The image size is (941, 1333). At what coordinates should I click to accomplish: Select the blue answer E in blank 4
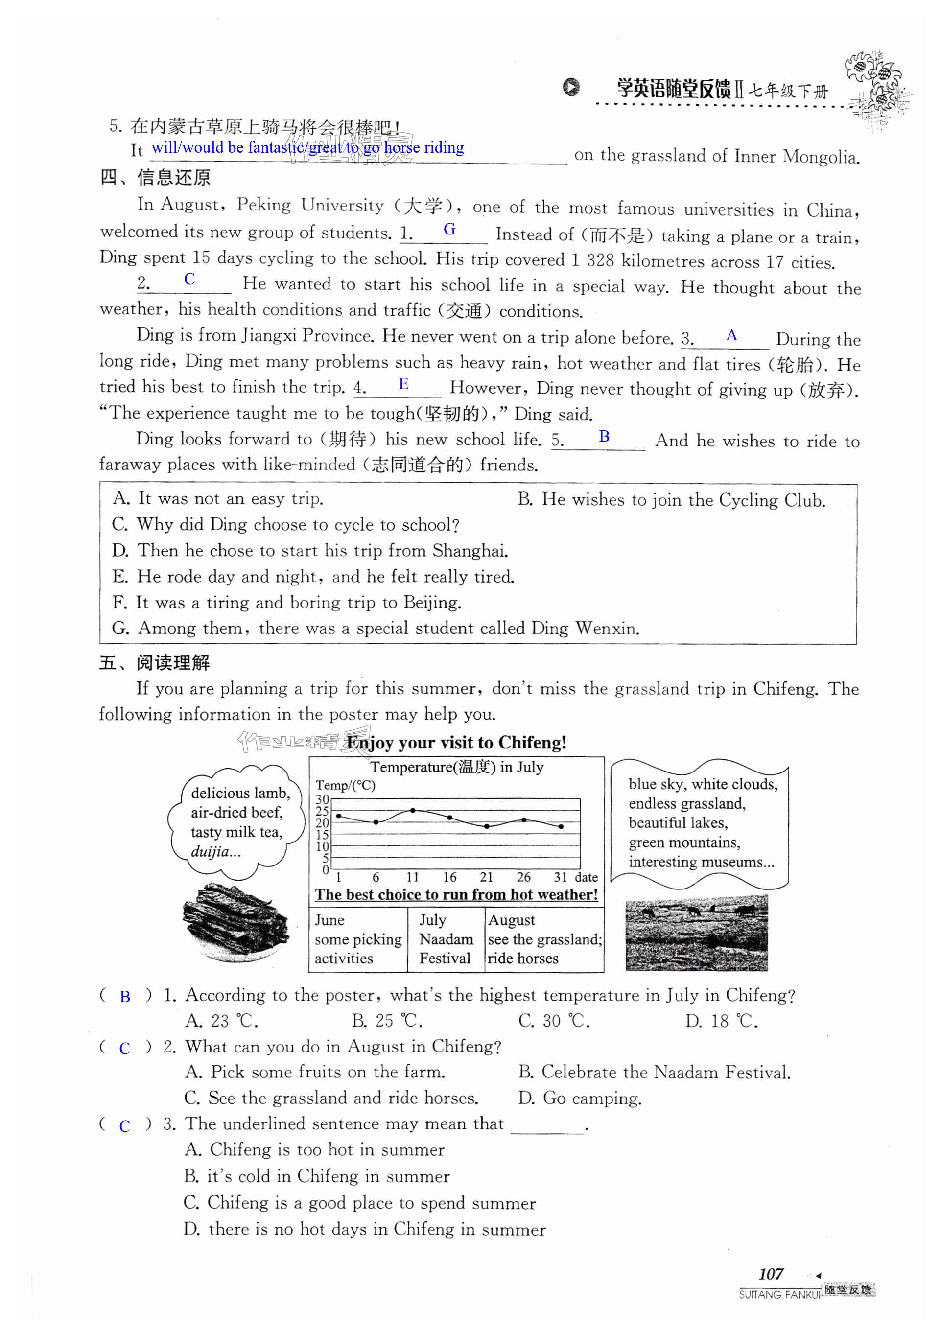click(x=403, y=384)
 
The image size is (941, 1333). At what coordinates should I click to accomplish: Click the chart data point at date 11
click(x=413, y=810)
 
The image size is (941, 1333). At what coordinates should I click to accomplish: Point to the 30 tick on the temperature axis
click(x=322, y=799)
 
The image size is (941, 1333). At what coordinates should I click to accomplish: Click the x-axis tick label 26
click(x=523, y=877)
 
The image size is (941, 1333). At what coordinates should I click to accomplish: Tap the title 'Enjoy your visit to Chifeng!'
click(x=456, y=743)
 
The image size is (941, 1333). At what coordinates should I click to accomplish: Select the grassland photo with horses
click(x=696, y=933)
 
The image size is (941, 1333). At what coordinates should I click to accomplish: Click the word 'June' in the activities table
click(x=329, y=920)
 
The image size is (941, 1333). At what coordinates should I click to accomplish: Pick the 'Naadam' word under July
click(x=446, y=939)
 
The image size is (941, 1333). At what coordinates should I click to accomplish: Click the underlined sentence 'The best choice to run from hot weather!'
click(x=456, y=895)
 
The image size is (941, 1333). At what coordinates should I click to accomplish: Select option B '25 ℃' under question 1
click(x=387, y=1021)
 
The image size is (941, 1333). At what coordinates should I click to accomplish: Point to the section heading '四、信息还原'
click(x=156, y=178)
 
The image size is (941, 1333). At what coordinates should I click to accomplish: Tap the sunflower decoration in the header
click(x=876, y=87)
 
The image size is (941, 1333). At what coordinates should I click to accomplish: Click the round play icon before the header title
click(x=571, y=87)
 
